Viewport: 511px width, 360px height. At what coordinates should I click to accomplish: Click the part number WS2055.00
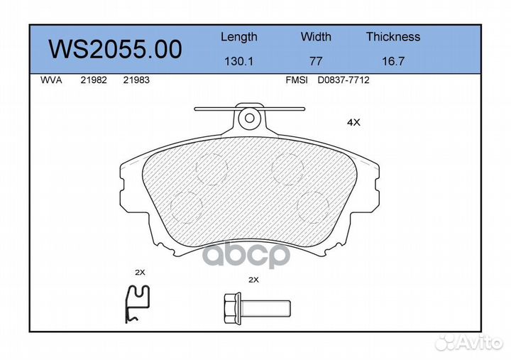point(115,50)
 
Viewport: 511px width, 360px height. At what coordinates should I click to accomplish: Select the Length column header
point(239,37)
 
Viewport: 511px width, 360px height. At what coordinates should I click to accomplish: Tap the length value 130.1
point(239,61)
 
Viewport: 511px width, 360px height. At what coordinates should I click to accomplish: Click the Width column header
point(316,36)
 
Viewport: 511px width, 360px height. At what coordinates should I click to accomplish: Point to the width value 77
point(316,61)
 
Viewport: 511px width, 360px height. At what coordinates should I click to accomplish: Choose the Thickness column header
point(393,36)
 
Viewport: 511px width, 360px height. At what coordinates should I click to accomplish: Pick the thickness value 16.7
point(393,61)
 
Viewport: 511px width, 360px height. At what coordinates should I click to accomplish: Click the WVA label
point(51,80)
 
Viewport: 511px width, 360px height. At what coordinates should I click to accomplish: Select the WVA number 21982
point(94,80)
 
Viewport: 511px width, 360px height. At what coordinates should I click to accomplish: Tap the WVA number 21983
point(136,80)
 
